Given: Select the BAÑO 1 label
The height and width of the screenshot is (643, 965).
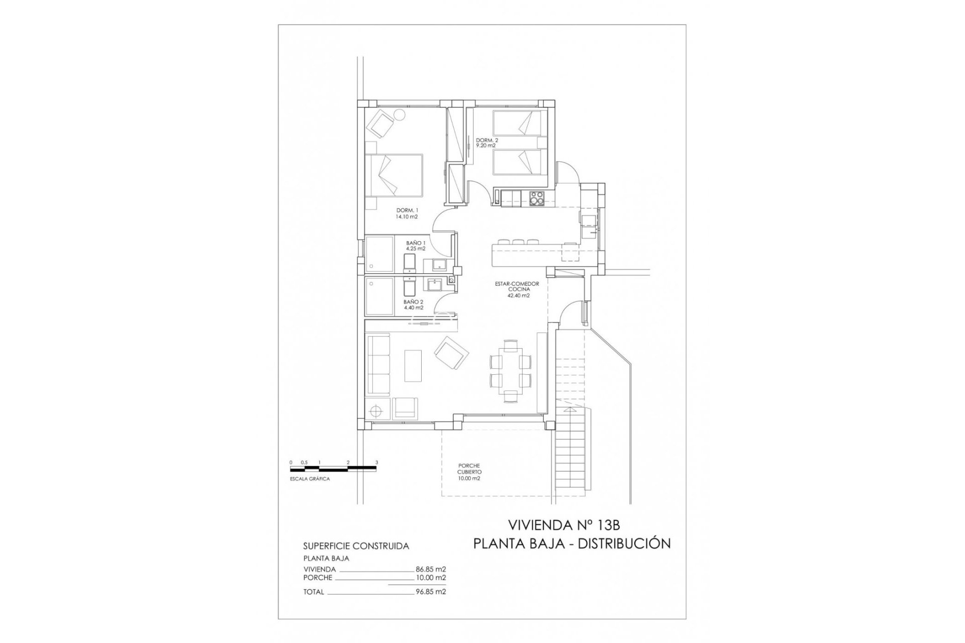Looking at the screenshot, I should pyautogui.click(x=416, y=246).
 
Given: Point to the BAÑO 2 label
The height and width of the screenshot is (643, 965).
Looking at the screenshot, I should pyautogui.click(x=413, y=304).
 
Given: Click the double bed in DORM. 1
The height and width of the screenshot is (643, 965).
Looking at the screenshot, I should pyautogui.click(x=394, y=175).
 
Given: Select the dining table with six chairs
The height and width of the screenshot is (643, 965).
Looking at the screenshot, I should pyautogui.click(x=511, y=371).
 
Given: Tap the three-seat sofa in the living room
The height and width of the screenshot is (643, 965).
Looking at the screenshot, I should pyautogui.click(x=379, y=365).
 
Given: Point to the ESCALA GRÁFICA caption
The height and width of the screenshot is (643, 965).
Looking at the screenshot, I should pyautogui.click(x=310, y=479).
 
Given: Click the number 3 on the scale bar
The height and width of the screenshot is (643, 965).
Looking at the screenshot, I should pyautogui.click(x=376, y=463).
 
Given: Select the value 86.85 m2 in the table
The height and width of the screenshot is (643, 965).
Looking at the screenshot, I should pyautogui.click(x=431, y=569).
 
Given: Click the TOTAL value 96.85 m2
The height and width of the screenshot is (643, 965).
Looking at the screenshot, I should pyautogui.click(x=431, y=592).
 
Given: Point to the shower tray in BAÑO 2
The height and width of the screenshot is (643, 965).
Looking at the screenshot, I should pyautogui.click(x=379, y=296).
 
